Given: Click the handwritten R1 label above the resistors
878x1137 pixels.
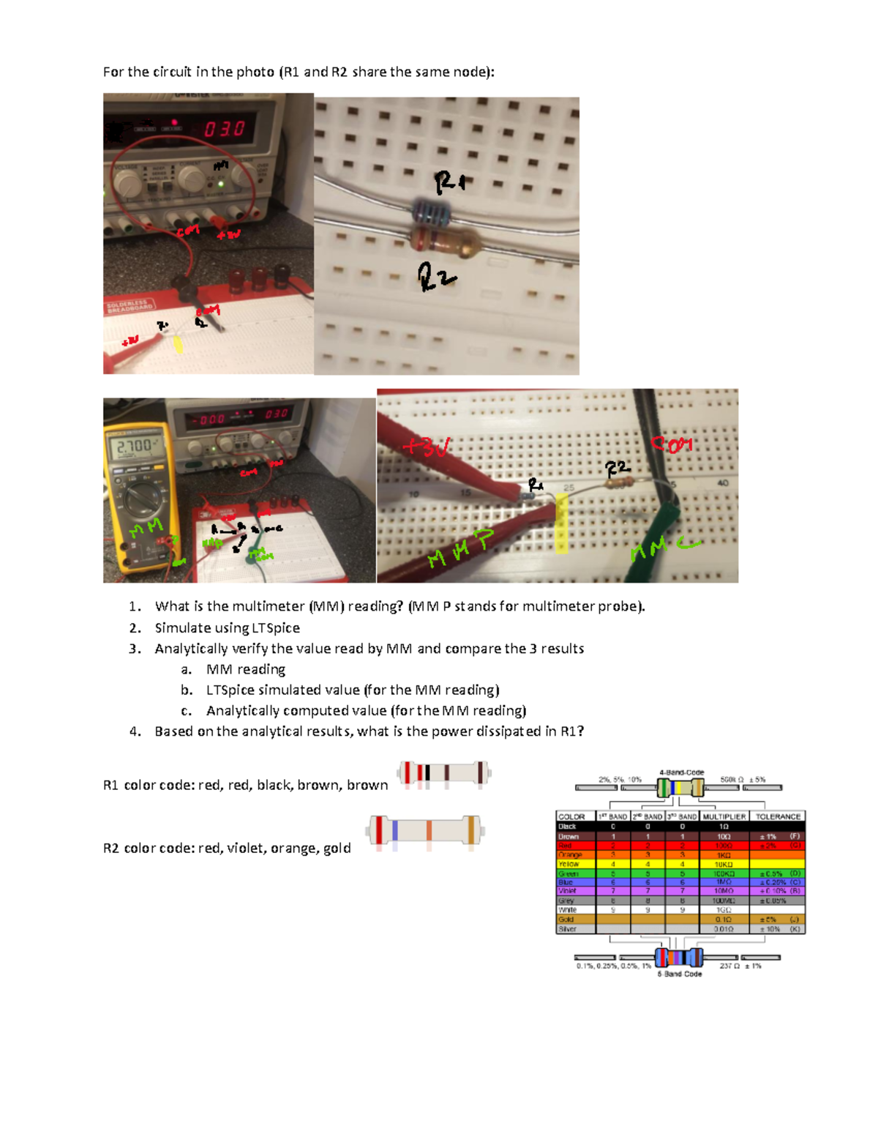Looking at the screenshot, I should [449, 181].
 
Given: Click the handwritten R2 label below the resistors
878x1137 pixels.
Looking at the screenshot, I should [436, 277].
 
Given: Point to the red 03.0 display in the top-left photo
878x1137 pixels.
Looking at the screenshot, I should [225, 129].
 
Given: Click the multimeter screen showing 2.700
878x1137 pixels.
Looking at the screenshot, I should [133, 445].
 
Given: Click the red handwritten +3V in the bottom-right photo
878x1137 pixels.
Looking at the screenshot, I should [426, 446].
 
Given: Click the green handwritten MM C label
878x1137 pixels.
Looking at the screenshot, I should [664, 547].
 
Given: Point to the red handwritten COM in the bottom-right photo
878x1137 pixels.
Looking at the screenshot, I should [671, 444].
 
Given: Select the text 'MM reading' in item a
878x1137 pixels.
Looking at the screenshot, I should [245, 669].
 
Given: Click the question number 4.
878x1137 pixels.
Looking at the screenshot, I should [135, 731].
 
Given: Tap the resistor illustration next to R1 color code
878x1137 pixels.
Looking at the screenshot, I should [443, 773].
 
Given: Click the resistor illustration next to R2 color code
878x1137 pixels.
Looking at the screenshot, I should [425, 830].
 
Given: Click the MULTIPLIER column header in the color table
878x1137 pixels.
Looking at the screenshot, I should [724, 816].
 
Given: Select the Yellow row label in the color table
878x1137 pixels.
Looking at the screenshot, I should [569, 864].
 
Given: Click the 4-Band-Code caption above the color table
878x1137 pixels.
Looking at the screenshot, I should [681, 772].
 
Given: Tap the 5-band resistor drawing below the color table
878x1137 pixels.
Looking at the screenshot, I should [678, 957].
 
